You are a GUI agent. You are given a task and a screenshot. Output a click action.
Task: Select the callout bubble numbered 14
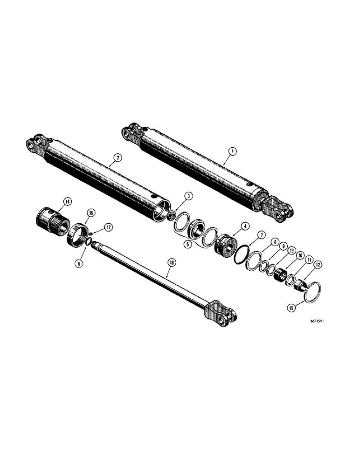(68, 201)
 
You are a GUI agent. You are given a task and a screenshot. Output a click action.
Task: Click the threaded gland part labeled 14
(52, 220)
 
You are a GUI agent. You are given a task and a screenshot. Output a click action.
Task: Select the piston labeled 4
(226, 245)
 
